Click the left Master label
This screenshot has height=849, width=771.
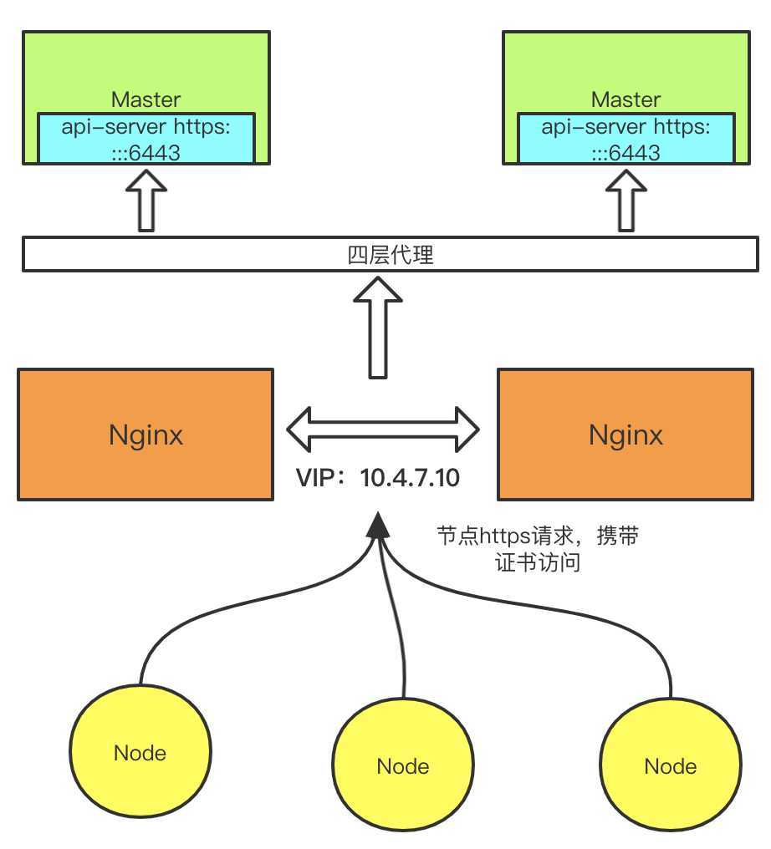146,99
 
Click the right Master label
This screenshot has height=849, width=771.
625,99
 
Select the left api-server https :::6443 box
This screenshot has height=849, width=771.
146,139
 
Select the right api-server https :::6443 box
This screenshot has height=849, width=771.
625,139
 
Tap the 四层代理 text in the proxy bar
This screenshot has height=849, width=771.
391,255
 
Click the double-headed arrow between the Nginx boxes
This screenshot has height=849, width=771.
383,428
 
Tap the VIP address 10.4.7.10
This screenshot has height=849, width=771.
411,479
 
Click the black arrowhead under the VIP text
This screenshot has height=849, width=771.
378,525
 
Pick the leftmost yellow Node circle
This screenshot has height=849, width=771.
140,752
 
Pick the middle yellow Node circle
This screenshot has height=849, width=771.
403,765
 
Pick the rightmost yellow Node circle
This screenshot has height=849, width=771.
671,765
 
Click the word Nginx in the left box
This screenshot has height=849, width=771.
146,435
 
